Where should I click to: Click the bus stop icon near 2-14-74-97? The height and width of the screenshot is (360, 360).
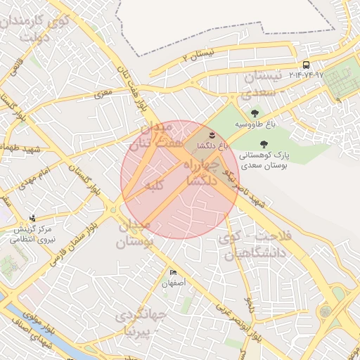(305, 65)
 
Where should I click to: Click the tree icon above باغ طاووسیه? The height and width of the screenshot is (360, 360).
(254, 112)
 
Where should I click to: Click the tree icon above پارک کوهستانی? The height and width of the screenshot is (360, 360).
(264, 143)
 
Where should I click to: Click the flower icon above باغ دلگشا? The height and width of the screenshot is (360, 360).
(213, 134)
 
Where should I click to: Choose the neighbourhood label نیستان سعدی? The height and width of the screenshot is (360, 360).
(268, 83)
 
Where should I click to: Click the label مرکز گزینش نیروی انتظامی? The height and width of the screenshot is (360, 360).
(33, 234)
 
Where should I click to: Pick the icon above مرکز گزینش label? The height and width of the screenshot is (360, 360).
(32, 218)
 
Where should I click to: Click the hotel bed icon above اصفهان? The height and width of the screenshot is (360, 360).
(173, 273)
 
